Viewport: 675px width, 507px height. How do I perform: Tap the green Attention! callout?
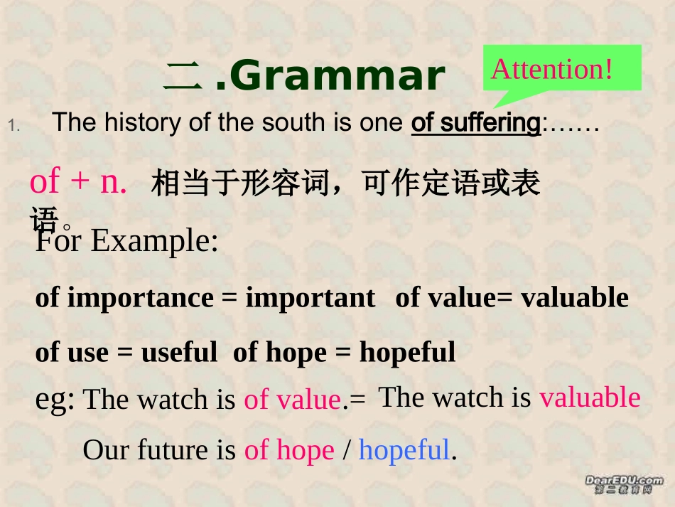click(x=561, y=69)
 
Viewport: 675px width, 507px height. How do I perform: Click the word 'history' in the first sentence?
click(x=136, y=123)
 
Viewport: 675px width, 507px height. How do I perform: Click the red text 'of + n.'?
click(x=78, y=183)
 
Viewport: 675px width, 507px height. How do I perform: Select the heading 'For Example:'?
click(x=126, y=242)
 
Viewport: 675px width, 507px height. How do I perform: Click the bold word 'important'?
click(x=310, y=298)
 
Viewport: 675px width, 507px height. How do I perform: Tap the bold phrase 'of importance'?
click(x=124, y=298)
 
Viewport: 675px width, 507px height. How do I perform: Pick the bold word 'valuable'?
click(x=575, y=298)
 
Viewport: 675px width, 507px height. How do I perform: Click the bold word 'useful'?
click(x=179, y=352)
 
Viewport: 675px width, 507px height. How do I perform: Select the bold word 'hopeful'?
click(x=407, y=352)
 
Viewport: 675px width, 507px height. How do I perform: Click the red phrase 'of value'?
click(x=292, y=400)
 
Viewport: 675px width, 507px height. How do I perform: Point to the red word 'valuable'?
click(x=590, y=397)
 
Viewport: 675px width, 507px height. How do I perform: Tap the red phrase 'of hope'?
click(x=288, y=450)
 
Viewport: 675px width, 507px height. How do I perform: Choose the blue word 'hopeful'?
click(x=404, y=450)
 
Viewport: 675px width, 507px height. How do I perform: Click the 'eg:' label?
click(x=55, y=400)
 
